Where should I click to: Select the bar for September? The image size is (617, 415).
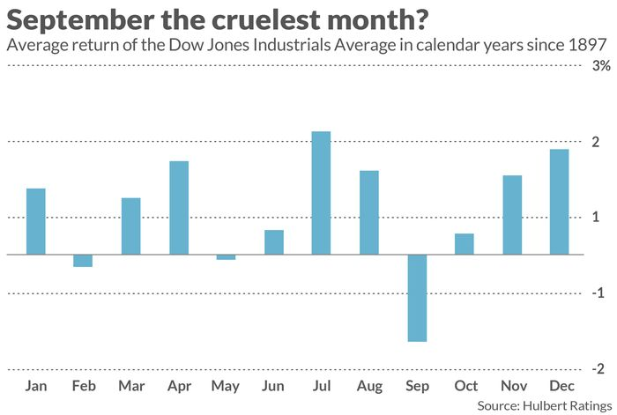click(417, 298)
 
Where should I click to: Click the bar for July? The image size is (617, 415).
click(322, 193)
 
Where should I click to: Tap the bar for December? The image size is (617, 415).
click(560, 202)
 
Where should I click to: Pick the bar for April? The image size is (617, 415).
click(179, 208)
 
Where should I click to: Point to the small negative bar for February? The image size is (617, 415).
click(83, 260)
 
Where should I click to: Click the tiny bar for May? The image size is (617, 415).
click(227, 257)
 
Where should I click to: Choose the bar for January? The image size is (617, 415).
click(36, 221)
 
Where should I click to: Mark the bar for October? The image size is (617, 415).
click(465, 244)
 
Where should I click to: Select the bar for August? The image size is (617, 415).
click(369, 212)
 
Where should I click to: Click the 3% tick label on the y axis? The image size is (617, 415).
click(600, 66)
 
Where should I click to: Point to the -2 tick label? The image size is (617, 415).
click(597, 368)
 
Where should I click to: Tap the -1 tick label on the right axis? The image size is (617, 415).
click(597, 293)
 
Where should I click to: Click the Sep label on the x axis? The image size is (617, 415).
click(417, 386)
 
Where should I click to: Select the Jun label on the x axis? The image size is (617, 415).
click(274, 386)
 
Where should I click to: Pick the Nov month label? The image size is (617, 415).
click(512, 386)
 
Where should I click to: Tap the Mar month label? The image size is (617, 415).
click(130, 386)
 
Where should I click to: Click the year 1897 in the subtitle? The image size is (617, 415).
click(589, 44)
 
